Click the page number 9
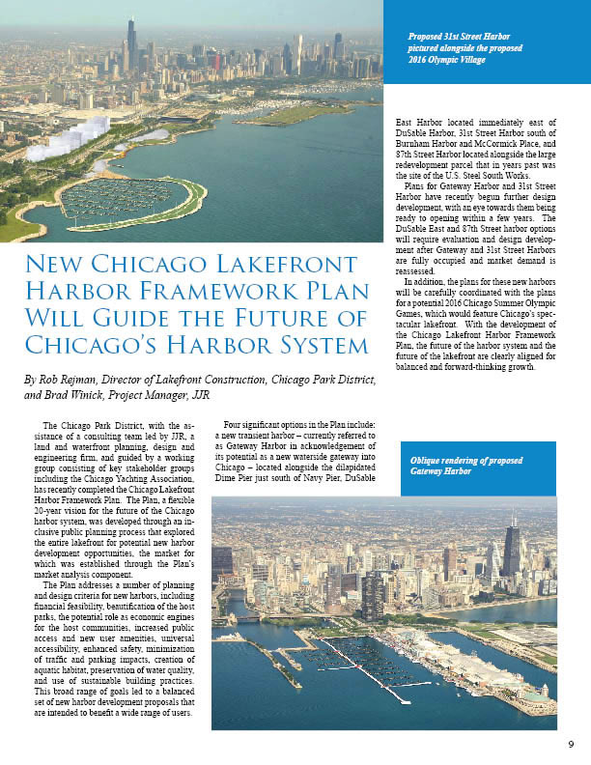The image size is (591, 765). [571, 743]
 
